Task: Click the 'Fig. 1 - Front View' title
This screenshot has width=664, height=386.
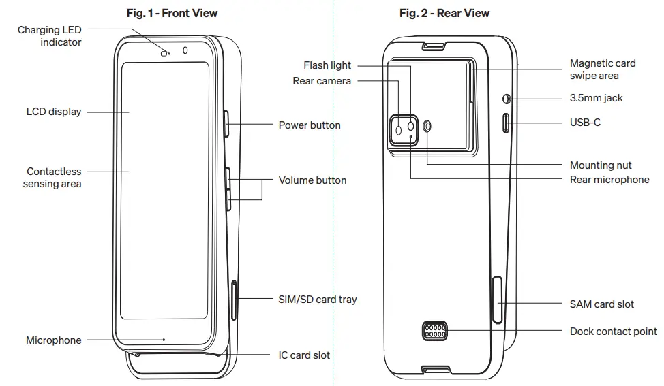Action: pyautogui.click(x=172, y=13)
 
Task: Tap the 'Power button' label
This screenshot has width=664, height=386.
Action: pyautogui.click(x=310, y=125)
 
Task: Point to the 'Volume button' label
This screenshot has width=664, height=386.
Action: pyautogui.click(x=312, y=180)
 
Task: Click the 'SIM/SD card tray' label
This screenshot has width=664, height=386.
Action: pyautogui.click(x=317, y=299)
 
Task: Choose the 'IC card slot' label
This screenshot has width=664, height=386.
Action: pyautogui.click(x=304, y=355)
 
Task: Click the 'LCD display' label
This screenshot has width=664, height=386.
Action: pyautogui.click(x=54, y=112)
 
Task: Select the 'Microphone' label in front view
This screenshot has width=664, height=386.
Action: pyautogui.click(x=54, y=340)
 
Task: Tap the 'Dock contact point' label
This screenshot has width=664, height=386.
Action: pyautogui.click(x=613, y=332)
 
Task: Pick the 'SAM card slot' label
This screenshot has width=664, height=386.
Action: pyautogui.click(x=601, y=304)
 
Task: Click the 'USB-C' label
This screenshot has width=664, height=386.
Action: pyautogui.click(x=585, y=123)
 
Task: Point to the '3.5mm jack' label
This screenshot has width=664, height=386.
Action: pyautogui.click(x=596, y=98)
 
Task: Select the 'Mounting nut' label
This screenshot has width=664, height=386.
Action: pyautogui.click(x=601, y=165)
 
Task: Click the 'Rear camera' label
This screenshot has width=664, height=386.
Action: pyautogui.click(x=322, y=81)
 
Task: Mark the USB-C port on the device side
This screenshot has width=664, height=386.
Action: pyautogui.click(x=506, y=123)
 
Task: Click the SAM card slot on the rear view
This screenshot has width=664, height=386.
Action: pyautogui.click(x=496, y=301)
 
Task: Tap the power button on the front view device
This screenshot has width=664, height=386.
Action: pyautogui.click(x=227, y=124)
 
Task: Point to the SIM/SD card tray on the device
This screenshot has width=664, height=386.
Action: pyautogui.click(x=235, y=300)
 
